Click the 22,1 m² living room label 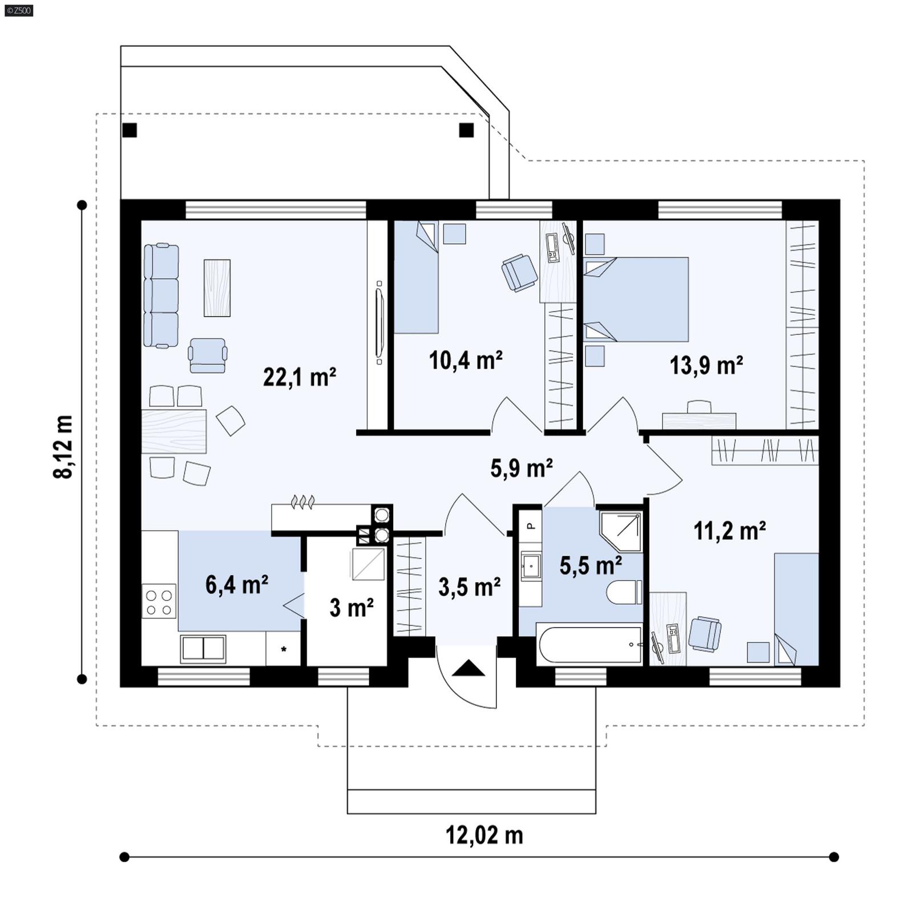pyautogui.click(x=299, y=377)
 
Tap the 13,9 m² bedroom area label pyautogui.click(x=706, y=365)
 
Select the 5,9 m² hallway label pyautogui.click(x=521, y=468)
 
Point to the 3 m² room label pyautogui.click(x=351, y=608)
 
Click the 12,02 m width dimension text pyautogui.click(x=484, y=835)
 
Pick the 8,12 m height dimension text pyautogui.click(x=63, y=446)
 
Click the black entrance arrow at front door pyautogui.click(x=468, y=668)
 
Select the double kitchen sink pyautogui.click(x=203, y=649)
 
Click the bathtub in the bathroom pyautogui.click(x=589, y=645)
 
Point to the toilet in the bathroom pyautogui.click(x=624, y=592)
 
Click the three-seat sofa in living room pyautogui.click(x=161, y=296)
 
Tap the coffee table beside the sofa pyautogui.click(x=217, y=288)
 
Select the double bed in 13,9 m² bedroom pyautogui.click(x=636, y=300)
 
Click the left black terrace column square pyautogui.click(x=130, y=131)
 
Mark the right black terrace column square pyautogui.click(x=466, y=131)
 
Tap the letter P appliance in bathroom pyautogui.click(x=531, y=526)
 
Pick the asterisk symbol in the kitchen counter pyautogui.click(x=284, y=649)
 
